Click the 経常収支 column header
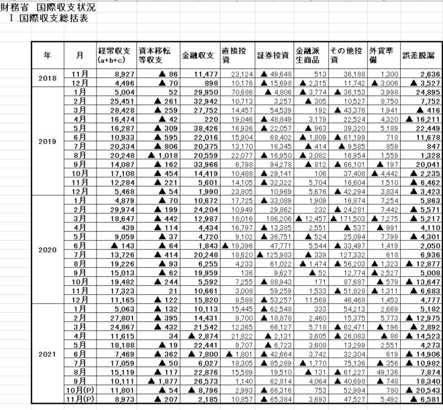[x=116, y=55]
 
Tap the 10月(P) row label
[x=80, y=392]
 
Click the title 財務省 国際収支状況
[x=49, y=8]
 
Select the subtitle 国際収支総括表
[x=53, y=18]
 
